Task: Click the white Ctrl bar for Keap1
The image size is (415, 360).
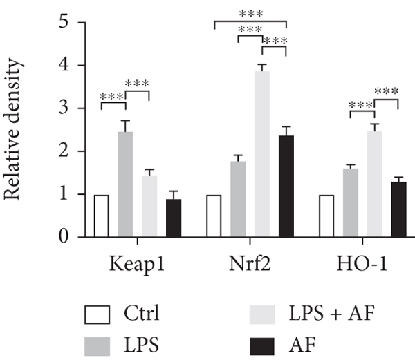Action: pyautogui.click(x=102, y=216)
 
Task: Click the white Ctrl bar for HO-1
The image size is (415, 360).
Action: pyautogui.click(x=326, y=216)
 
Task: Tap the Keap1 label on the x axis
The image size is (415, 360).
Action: pyautogui.click(x=137, y=265)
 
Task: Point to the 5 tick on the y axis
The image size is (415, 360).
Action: pyautogui.click(x=64, y=23)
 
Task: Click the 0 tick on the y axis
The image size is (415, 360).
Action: pyautogui.click(x=64, y=238)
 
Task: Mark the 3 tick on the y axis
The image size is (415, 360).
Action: pyautogui.click(x=64, y=109)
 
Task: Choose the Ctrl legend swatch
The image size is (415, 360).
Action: pyautogui.click(x=98, y=315)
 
